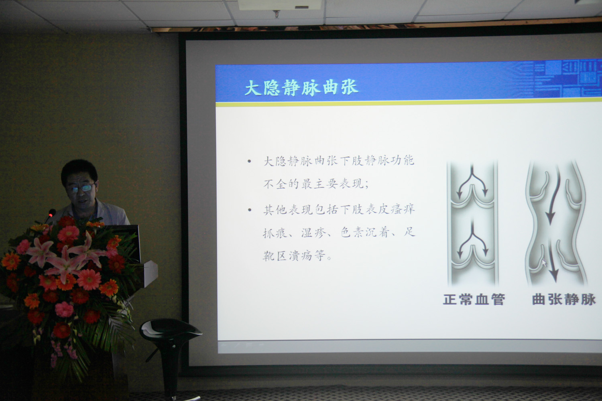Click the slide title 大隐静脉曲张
pos(301,87)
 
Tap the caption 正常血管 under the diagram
pos(474,300)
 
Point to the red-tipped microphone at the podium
pos(51,214)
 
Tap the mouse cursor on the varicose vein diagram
pos(544,263)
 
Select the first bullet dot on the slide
pos(249,162)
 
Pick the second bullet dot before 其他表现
pos(250,210)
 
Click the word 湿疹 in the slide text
pos(313,233)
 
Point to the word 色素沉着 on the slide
pos(365,232)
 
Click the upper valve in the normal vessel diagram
pos(472,197)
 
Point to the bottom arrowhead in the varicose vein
pos(553,275)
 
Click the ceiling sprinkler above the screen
pos(276,14)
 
